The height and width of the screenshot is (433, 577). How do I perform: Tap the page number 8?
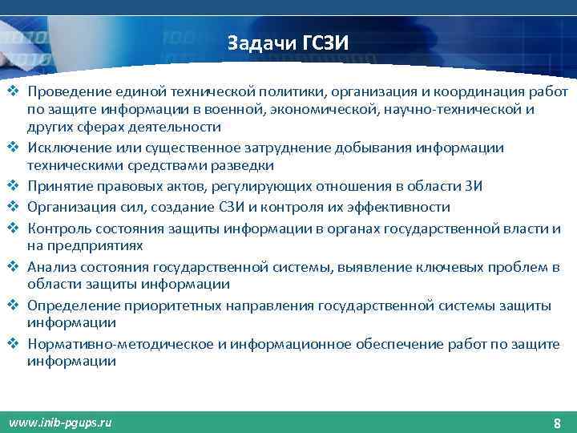557,423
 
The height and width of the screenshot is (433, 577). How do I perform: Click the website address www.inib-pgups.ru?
60,422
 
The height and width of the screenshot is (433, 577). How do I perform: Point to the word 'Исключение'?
67,148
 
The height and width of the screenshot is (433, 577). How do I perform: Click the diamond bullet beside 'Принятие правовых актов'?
14,186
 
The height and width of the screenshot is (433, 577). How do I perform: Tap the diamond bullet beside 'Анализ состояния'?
14,265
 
